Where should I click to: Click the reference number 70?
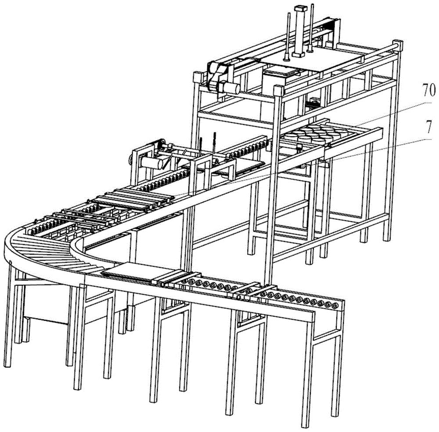coord(428,91)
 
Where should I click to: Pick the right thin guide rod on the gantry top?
coord(311,28)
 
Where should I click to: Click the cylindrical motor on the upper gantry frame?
coord(230,87)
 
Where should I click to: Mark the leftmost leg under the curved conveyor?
coord(8,314)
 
